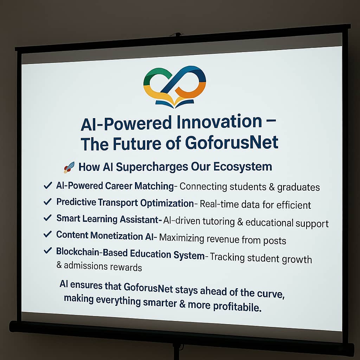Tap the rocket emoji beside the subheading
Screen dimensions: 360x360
(x=69, y=167)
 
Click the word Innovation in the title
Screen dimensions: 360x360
(x=219, y=122)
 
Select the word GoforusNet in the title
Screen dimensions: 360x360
(x=232, y=143)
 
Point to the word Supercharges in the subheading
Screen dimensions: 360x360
(x=152, y=167)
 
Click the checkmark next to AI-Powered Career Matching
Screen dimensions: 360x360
(x=47, y=185)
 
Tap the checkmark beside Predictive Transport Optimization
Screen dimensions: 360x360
(x=47, y=201)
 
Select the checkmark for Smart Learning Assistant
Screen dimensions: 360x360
(x=47, y=218)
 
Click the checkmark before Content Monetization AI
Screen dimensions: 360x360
(x=47, y=234)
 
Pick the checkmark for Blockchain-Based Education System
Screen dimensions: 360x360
(x=47, y=250)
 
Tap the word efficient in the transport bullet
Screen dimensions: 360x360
(x=294, y=205)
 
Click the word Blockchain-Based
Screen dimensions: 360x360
(x=92, y=252)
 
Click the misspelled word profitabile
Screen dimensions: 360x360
(x=237, y=306)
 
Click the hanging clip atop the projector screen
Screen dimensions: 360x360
(x=177, y=34)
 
